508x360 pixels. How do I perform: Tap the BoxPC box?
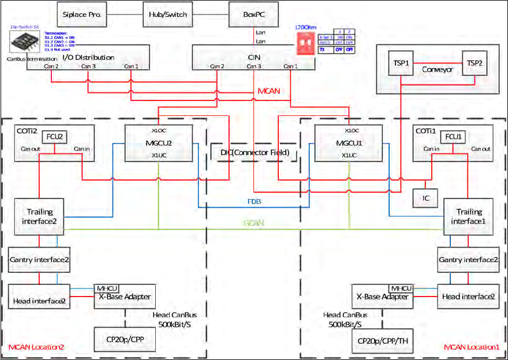coord(253,14)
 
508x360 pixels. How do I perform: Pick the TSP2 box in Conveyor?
coord(475,62)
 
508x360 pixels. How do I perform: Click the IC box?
coord(425,198)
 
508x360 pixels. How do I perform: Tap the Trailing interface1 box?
coord(469,216)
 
